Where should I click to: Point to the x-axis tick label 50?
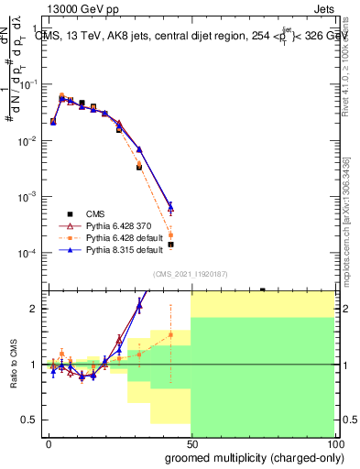pos(191,443)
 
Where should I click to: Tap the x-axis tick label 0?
pos(49,443)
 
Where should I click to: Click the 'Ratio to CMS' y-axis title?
pos(14,364)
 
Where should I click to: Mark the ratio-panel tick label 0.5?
pos(33,420)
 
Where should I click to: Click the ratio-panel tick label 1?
pos(37,365)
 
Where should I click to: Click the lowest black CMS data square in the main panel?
pos(170,245)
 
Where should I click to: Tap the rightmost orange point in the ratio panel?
pos(170,334)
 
